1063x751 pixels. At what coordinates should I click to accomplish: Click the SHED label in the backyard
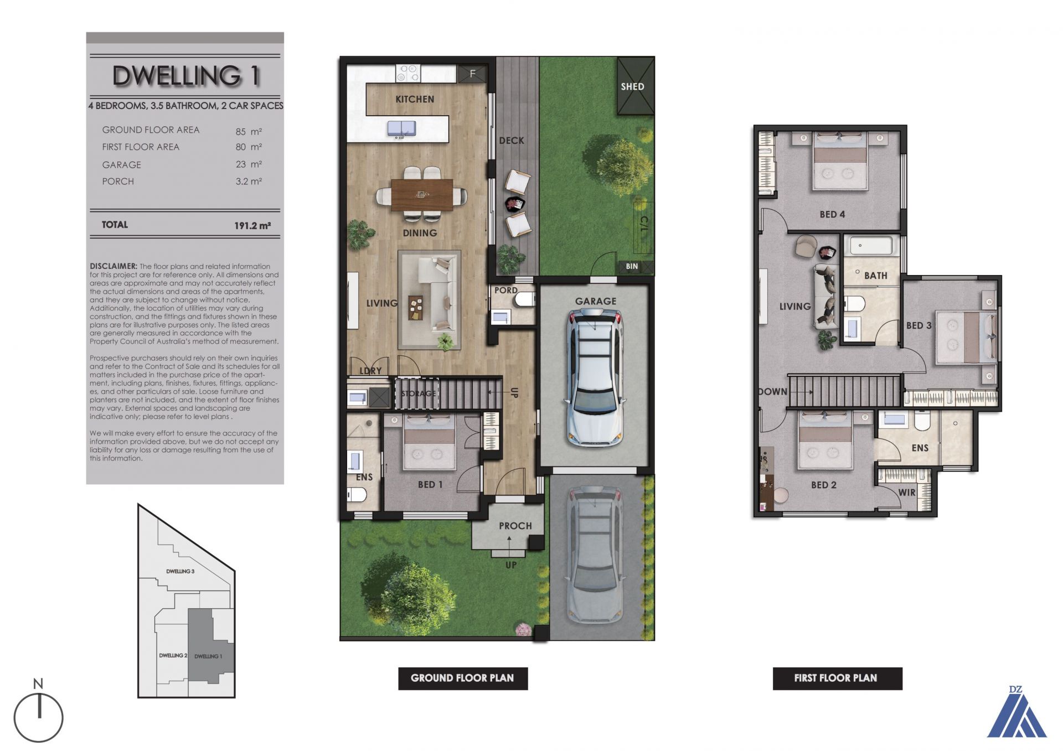[632, 86]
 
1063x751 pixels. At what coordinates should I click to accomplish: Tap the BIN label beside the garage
[632, 266]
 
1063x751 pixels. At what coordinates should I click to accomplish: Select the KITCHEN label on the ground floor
[415, 99]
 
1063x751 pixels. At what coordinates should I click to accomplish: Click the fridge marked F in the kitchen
[472, 74]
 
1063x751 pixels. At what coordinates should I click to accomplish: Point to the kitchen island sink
[401, 128]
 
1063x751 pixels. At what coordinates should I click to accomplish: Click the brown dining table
[422, 195]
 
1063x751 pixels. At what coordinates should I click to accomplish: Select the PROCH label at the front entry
[515, 526]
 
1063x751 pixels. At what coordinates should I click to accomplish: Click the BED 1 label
[430, 485]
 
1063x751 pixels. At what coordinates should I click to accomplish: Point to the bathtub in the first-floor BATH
[871, 245]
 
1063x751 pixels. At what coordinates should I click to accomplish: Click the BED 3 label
[918, 325]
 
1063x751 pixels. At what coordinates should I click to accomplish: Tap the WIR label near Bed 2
[907, 492]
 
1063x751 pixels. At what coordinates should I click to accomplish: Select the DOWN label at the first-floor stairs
[773, 392]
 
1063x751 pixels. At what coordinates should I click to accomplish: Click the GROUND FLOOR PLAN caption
[462, 678]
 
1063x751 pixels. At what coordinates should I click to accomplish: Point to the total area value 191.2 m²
[252, 226]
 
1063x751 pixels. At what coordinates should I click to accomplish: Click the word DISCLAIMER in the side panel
[113, 266]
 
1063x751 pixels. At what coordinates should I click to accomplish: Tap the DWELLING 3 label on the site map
[180, 571]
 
